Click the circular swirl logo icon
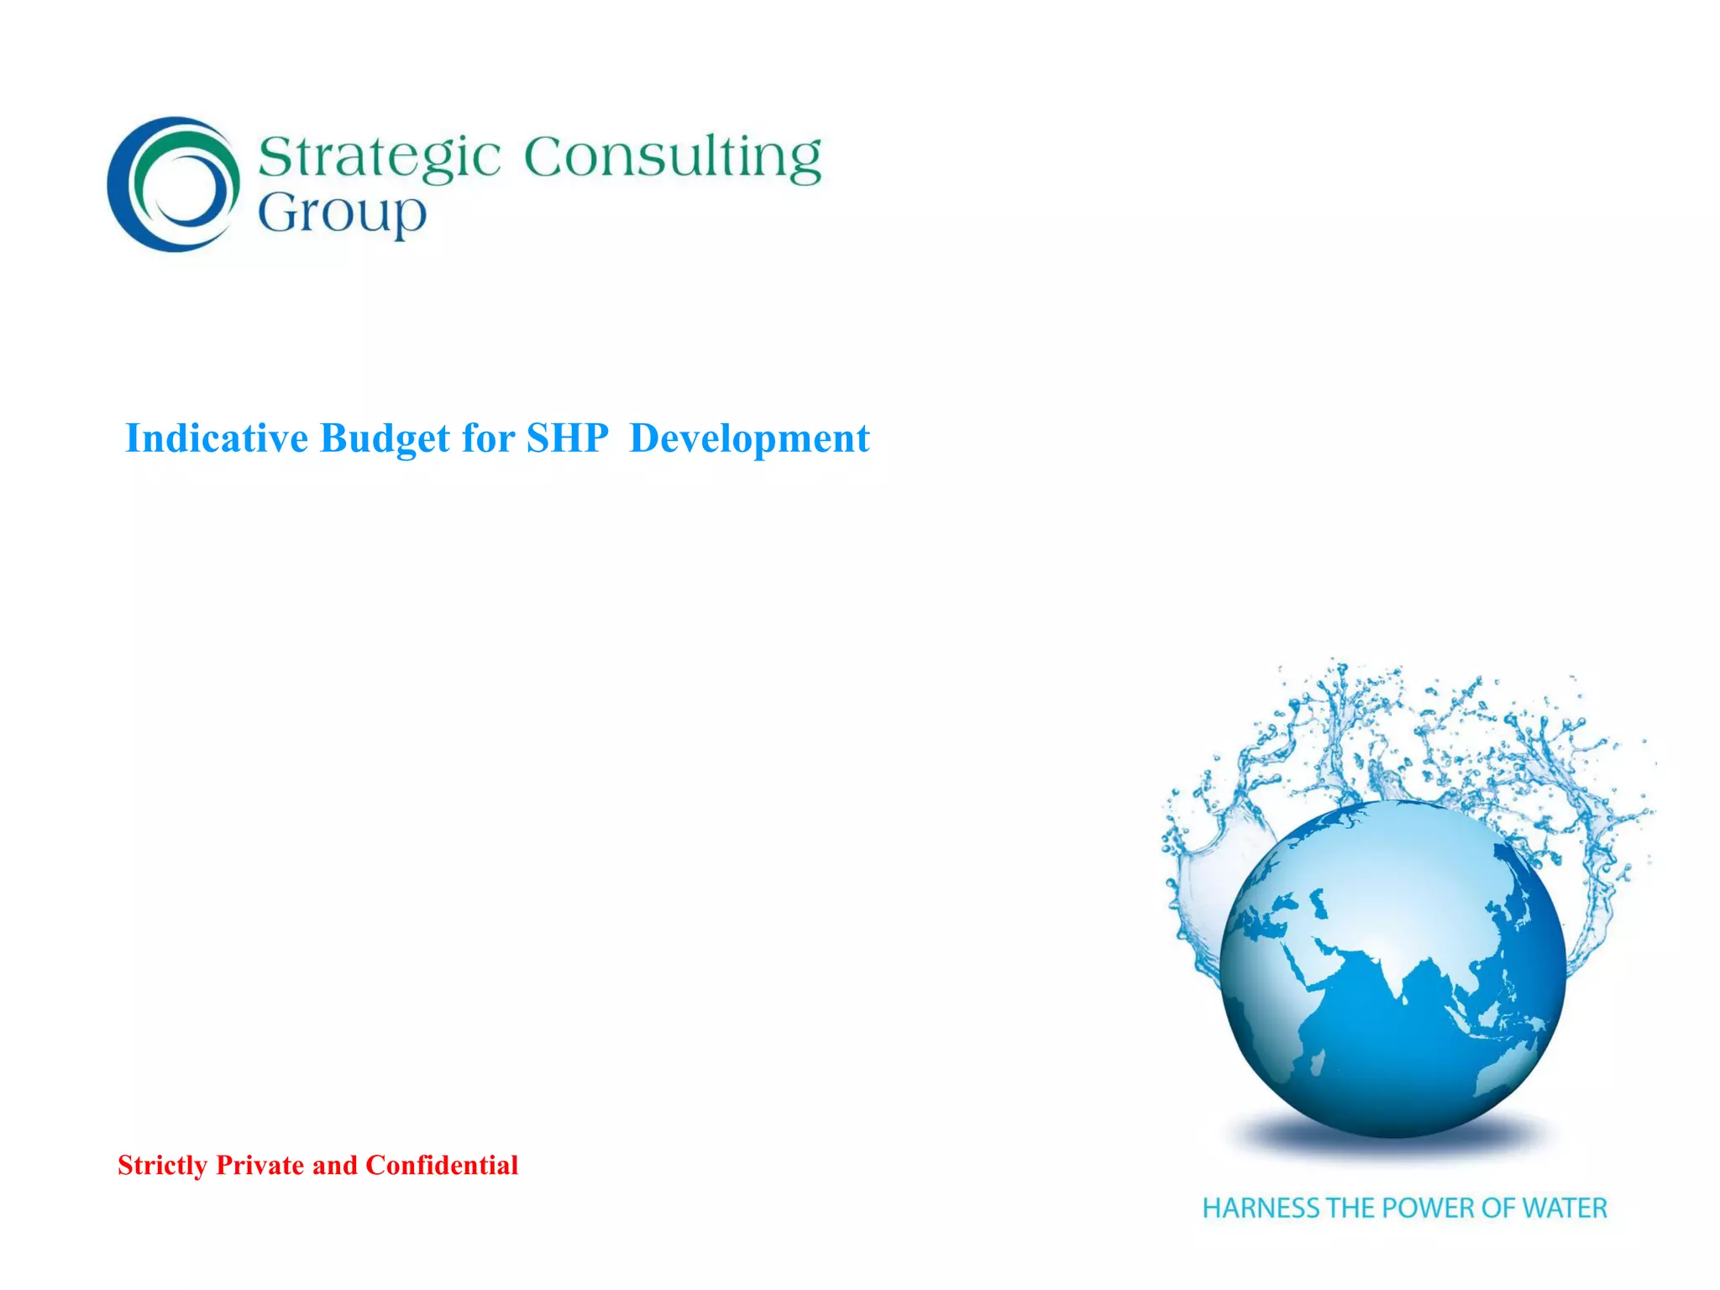[x=174, y=184]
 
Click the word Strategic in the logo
[x=379, y=157]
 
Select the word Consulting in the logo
[x=673, y=157]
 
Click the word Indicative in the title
[x=217, y=438]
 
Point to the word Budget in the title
[x=385, y=438]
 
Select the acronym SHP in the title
[x=568, y=438]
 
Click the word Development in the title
[x=749, y=438]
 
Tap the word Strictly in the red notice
[x=162, y=1166]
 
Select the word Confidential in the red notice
[x=442, y=1166]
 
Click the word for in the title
[x=488, y=438]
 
